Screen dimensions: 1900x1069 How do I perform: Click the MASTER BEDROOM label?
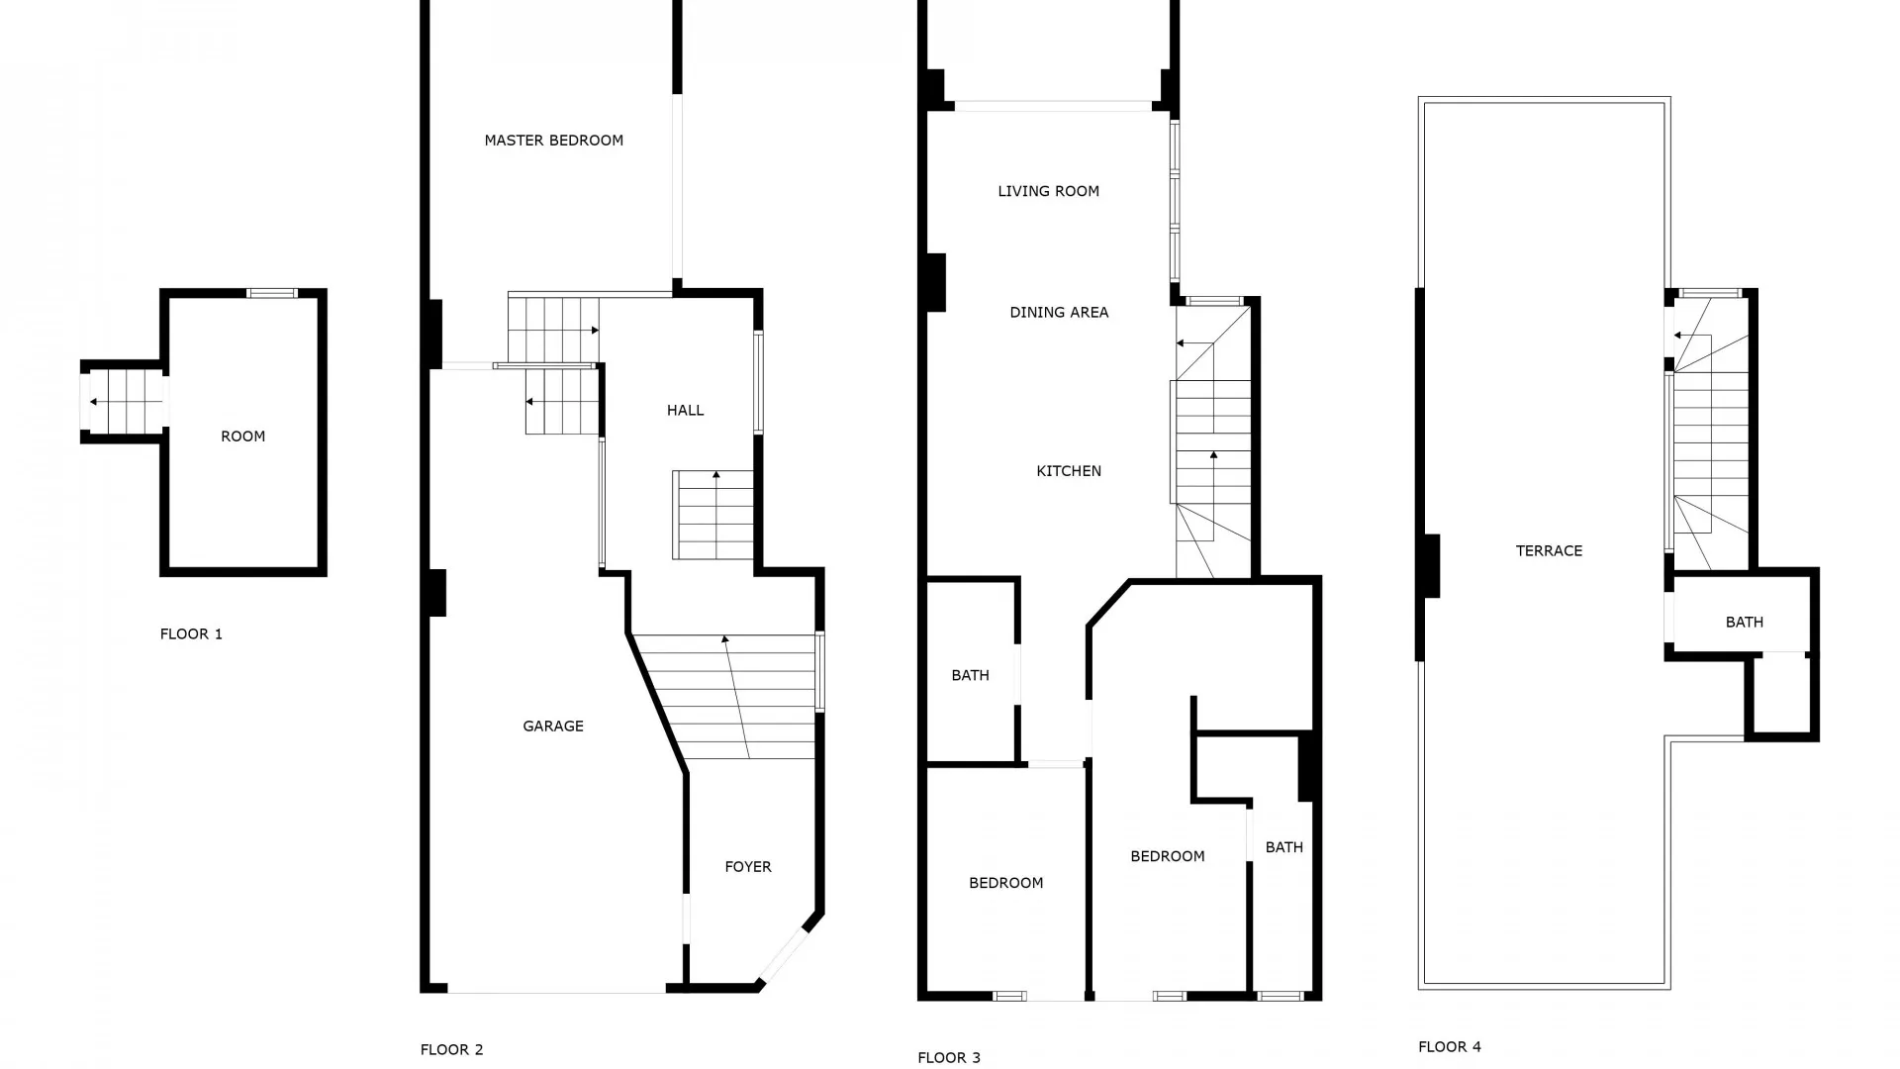pyautogui.click(x=553, y=141)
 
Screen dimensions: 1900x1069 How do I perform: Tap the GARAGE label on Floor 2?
pyautogui.click(x=553, y=727)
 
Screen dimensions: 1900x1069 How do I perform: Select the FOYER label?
pyautogui.click(x=748, y=867)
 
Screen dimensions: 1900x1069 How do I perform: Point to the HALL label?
pyautogui.click(x=686, y=411)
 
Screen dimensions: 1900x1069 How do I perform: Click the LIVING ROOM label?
pyautogui.click(x=1049, y=191)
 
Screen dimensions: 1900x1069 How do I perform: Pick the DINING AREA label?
pyautogui.click(x=1059, y=313)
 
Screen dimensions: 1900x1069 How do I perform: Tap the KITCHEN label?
pyautogui.click(x=1069, y=471)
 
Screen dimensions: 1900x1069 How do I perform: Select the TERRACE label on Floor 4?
pyautogui.click(x=1550, y=551)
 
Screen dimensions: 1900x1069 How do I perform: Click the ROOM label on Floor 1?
pyautogui.click(x=243, y=437)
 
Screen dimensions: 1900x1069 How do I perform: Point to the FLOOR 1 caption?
pyautogui.click(x=192, y=634)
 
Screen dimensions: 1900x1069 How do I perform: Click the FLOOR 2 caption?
pyautogui.click(x=452, y=1050)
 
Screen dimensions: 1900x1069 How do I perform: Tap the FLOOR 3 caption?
pyautogui.click(x=949, y=1058)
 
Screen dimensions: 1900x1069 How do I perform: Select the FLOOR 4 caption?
pyautogui.click(x=1450, y=1047)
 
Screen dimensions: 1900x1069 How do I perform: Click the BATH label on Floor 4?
pyautogui.click(x=1745, y=623)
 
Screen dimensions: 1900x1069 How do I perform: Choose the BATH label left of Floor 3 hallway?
pyautogui.click(x=971, y=676)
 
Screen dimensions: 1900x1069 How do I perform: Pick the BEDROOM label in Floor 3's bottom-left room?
pyautogui.click(x=1006, y=883)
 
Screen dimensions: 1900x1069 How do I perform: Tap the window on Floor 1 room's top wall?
pyautogui.click(x=272, y=293)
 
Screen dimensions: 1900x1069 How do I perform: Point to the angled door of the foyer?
pyautogui.click(x=783, y=955)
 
